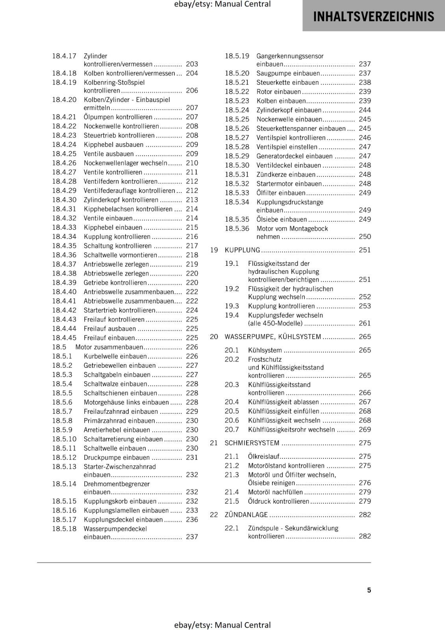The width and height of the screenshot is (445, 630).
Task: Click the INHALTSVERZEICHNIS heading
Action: [373, 17]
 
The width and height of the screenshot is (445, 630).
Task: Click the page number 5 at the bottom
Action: [369, 590]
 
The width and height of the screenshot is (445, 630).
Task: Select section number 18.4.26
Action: [64, 163]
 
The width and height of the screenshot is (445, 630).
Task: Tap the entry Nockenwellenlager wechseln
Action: [125, 163]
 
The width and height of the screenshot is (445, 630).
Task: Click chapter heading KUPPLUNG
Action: [242, 250]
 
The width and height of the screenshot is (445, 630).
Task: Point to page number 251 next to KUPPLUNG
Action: [365, 250]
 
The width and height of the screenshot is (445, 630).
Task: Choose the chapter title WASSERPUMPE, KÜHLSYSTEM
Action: [273, 337]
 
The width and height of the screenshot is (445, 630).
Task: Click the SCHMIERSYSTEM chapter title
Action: [252, 443]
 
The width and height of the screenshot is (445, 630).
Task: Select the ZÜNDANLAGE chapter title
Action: [246, 515]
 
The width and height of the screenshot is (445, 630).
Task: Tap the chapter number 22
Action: [214, 515]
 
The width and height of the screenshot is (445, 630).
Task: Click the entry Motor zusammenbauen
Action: [109, 347]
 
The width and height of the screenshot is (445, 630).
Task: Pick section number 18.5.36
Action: [237, 229]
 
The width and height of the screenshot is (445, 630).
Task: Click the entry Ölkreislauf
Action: [263, 456]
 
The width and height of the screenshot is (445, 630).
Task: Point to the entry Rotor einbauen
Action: [278, 92]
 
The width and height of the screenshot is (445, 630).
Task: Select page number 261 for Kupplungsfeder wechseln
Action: [365, 323]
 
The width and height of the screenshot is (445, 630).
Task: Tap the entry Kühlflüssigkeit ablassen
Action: [283, 402]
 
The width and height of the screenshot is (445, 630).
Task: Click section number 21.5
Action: [232, 501]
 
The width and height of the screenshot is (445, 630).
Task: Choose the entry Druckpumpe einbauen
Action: [117, 458]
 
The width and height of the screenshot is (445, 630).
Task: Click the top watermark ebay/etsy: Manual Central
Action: [222, 4]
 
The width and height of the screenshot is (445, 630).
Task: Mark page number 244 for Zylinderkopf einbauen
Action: [365, 110]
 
